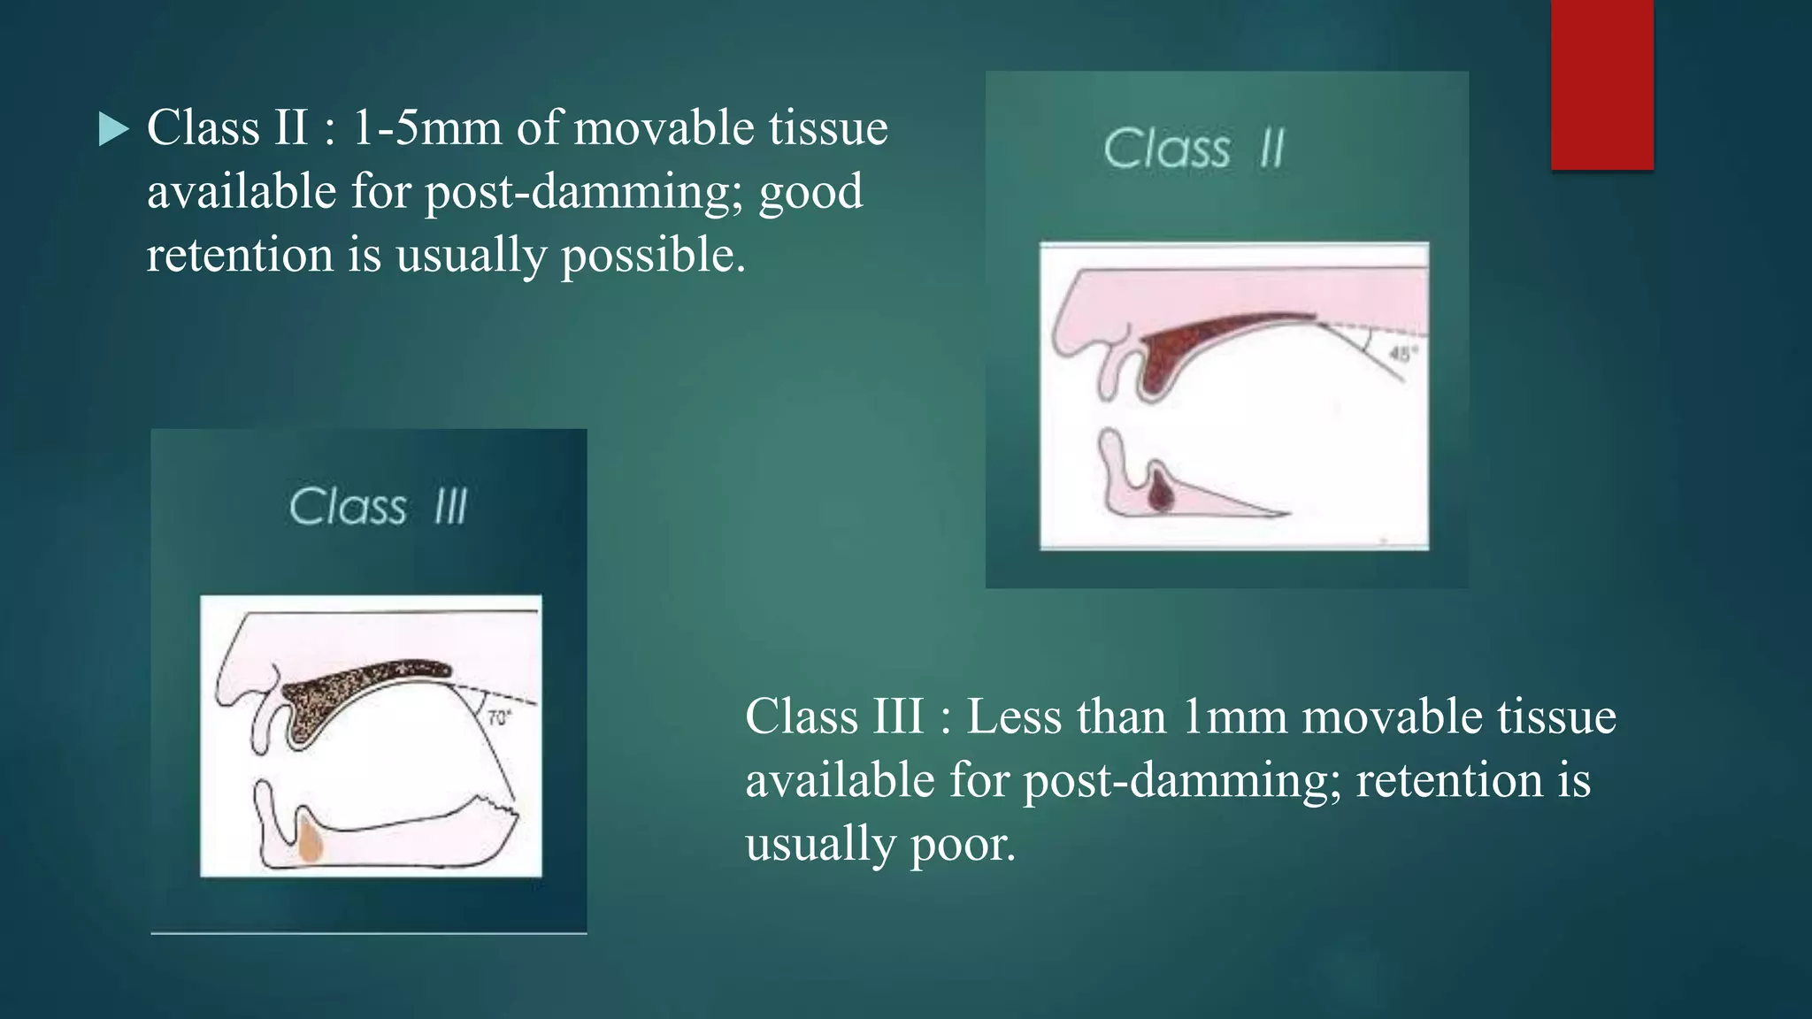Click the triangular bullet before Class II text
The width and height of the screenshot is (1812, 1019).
tap(113, 130)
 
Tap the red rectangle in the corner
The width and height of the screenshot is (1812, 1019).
tap(1601, 84)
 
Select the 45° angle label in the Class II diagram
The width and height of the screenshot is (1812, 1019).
tap(1401, 354)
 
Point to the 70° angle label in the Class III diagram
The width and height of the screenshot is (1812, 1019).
tap(499, 717)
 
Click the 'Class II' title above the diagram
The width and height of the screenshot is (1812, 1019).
tap(1194, 148)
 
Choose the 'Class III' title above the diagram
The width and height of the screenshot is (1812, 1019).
tap(378, 507)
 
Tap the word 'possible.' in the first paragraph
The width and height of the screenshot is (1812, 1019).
tap(654, 256)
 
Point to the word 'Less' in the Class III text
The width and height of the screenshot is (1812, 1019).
tap(1013, 716)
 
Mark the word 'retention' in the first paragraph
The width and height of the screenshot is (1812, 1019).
tap(240, 256)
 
